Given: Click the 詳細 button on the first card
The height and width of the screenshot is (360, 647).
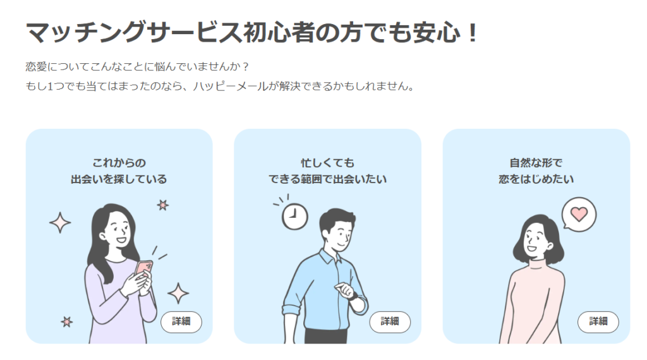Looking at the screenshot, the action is [181, 321].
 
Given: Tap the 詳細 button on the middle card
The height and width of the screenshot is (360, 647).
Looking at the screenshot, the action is [390, 321].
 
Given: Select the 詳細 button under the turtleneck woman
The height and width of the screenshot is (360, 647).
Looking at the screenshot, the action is [598, 321].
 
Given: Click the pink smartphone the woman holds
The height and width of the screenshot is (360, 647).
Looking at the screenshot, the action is [144, 271].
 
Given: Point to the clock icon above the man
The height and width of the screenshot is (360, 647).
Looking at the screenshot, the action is [294, 216].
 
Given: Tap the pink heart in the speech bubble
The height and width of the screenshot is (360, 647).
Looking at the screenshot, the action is [579, 214].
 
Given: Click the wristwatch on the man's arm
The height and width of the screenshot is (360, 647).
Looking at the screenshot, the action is [354, 296].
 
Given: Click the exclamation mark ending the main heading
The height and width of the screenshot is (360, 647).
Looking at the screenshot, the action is [473, 33].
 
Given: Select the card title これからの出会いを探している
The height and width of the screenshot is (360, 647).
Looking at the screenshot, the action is [119, 171].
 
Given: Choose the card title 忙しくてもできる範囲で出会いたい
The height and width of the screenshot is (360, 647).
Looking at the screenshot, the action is [328, 171].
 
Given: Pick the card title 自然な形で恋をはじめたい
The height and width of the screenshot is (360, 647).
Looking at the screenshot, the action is [536, 171].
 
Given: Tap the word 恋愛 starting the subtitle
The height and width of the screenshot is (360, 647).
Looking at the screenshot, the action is [36, 67].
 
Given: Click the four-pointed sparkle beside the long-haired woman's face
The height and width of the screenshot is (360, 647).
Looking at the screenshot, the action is [60, 223].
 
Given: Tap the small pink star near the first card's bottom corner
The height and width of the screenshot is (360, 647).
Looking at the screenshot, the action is [67, 321].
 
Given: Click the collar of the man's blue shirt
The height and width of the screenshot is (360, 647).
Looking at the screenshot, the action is [329, 257].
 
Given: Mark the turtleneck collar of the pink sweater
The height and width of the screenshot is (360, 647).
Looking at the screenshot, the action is [536, 264].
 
